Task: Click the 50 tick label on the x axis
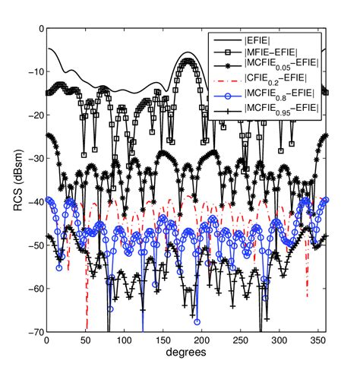tap(85, 342)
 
